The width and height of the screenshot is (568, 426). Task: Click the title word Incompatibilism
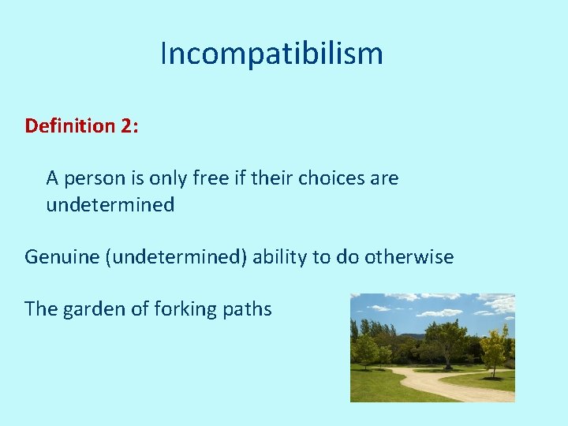tap(271, 54)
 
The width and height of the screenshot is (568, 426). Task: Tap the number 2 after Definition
tap(129, 126)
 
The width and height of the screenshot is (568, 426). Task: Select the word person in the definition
tap(89, 179)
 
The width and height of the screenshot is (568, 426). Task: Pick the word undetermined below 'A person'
tap(110, 205)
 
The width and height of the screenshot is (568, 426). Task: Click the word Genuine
tap(62, 257)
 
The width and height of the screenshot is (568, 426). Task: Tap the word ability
tap(281, 257)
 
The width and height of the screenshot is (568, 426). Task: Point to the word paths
tap(247, 309)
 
